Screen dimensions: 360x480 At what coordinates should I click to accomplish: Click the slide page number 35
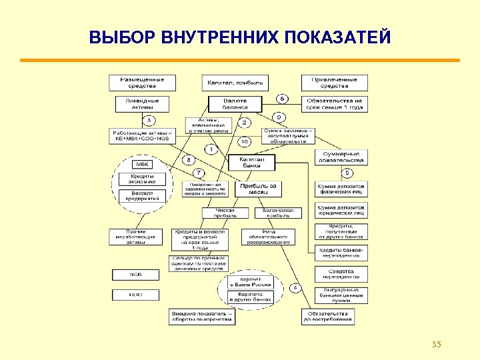pos(437,344)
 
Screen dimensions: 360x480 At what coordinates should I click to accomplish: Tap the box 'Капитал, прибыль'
pos(235,83)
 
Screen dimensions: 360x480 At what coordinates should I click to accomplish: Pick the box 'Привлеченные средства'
pos(334,83)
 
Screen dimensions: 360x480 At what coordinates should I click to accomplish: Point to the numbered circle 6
pos(282,99)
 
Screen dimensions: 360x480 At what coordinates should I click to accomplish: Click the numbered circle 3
pos(149,121)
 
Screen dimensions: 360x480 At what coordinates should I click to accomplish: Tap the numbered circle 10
pos(245,141)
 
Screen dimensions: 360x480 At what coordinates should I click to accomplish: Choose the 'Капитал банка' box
pos(247,163)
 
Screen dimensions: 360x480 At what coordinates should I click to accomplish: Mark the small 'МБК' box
pos(143,165)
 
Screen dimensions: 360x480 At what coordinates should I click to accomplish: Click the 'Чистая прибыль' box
pos(225,213)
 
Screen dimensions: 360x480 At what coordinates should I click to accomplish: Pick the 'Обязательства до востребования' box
pos(327,317)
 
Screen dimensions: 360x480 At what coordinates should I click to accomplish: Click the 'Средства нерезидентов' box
pos(341,273)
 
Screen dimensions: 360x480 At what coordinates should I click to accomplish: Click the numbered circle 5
pos(347,173)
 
